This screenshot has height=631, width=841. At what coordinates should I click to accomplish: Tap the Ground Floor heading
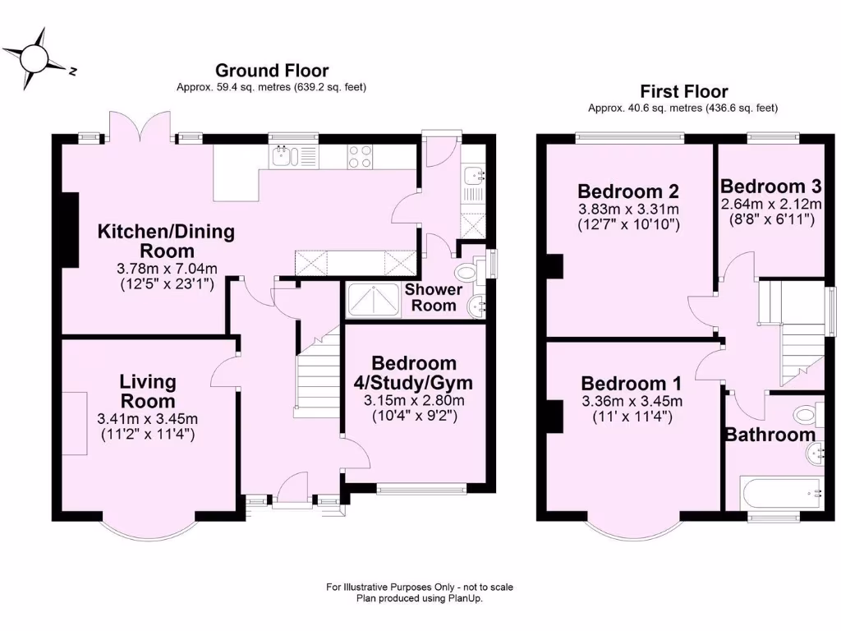pos(271,71)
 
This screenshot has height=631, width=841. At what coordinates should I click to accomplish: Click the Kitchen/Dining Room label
pos(166,241)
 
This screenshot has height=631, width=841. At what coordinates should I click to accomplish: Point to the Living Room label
pos(148,391)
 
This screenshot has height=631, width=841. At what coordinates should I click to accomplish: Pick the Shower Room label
pos(434,297)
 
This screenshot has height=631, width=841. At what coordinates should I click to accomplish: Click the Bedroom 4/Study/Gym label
pos(413,372)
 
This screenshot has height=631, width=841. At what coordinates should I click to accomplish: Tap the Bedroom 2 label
pos(628,191)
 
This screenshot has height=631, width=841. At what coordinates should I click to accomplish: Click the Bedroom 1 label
pos(631,384)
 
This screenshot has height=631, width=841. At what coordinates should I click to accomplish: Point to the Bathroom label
pos(770,435)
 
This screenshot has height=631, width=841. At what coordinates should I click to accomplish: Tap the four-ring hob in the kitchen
pos(359,156)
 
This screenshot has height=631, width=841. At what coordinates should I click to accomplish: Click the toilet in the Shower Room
pos(468,273)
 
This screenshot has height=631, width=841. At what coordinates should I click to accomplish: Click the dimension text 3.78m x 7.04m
pos(166,269)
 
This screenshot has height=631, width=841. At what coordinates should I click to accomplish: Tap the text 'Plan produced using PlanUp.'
pos(420,599)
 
